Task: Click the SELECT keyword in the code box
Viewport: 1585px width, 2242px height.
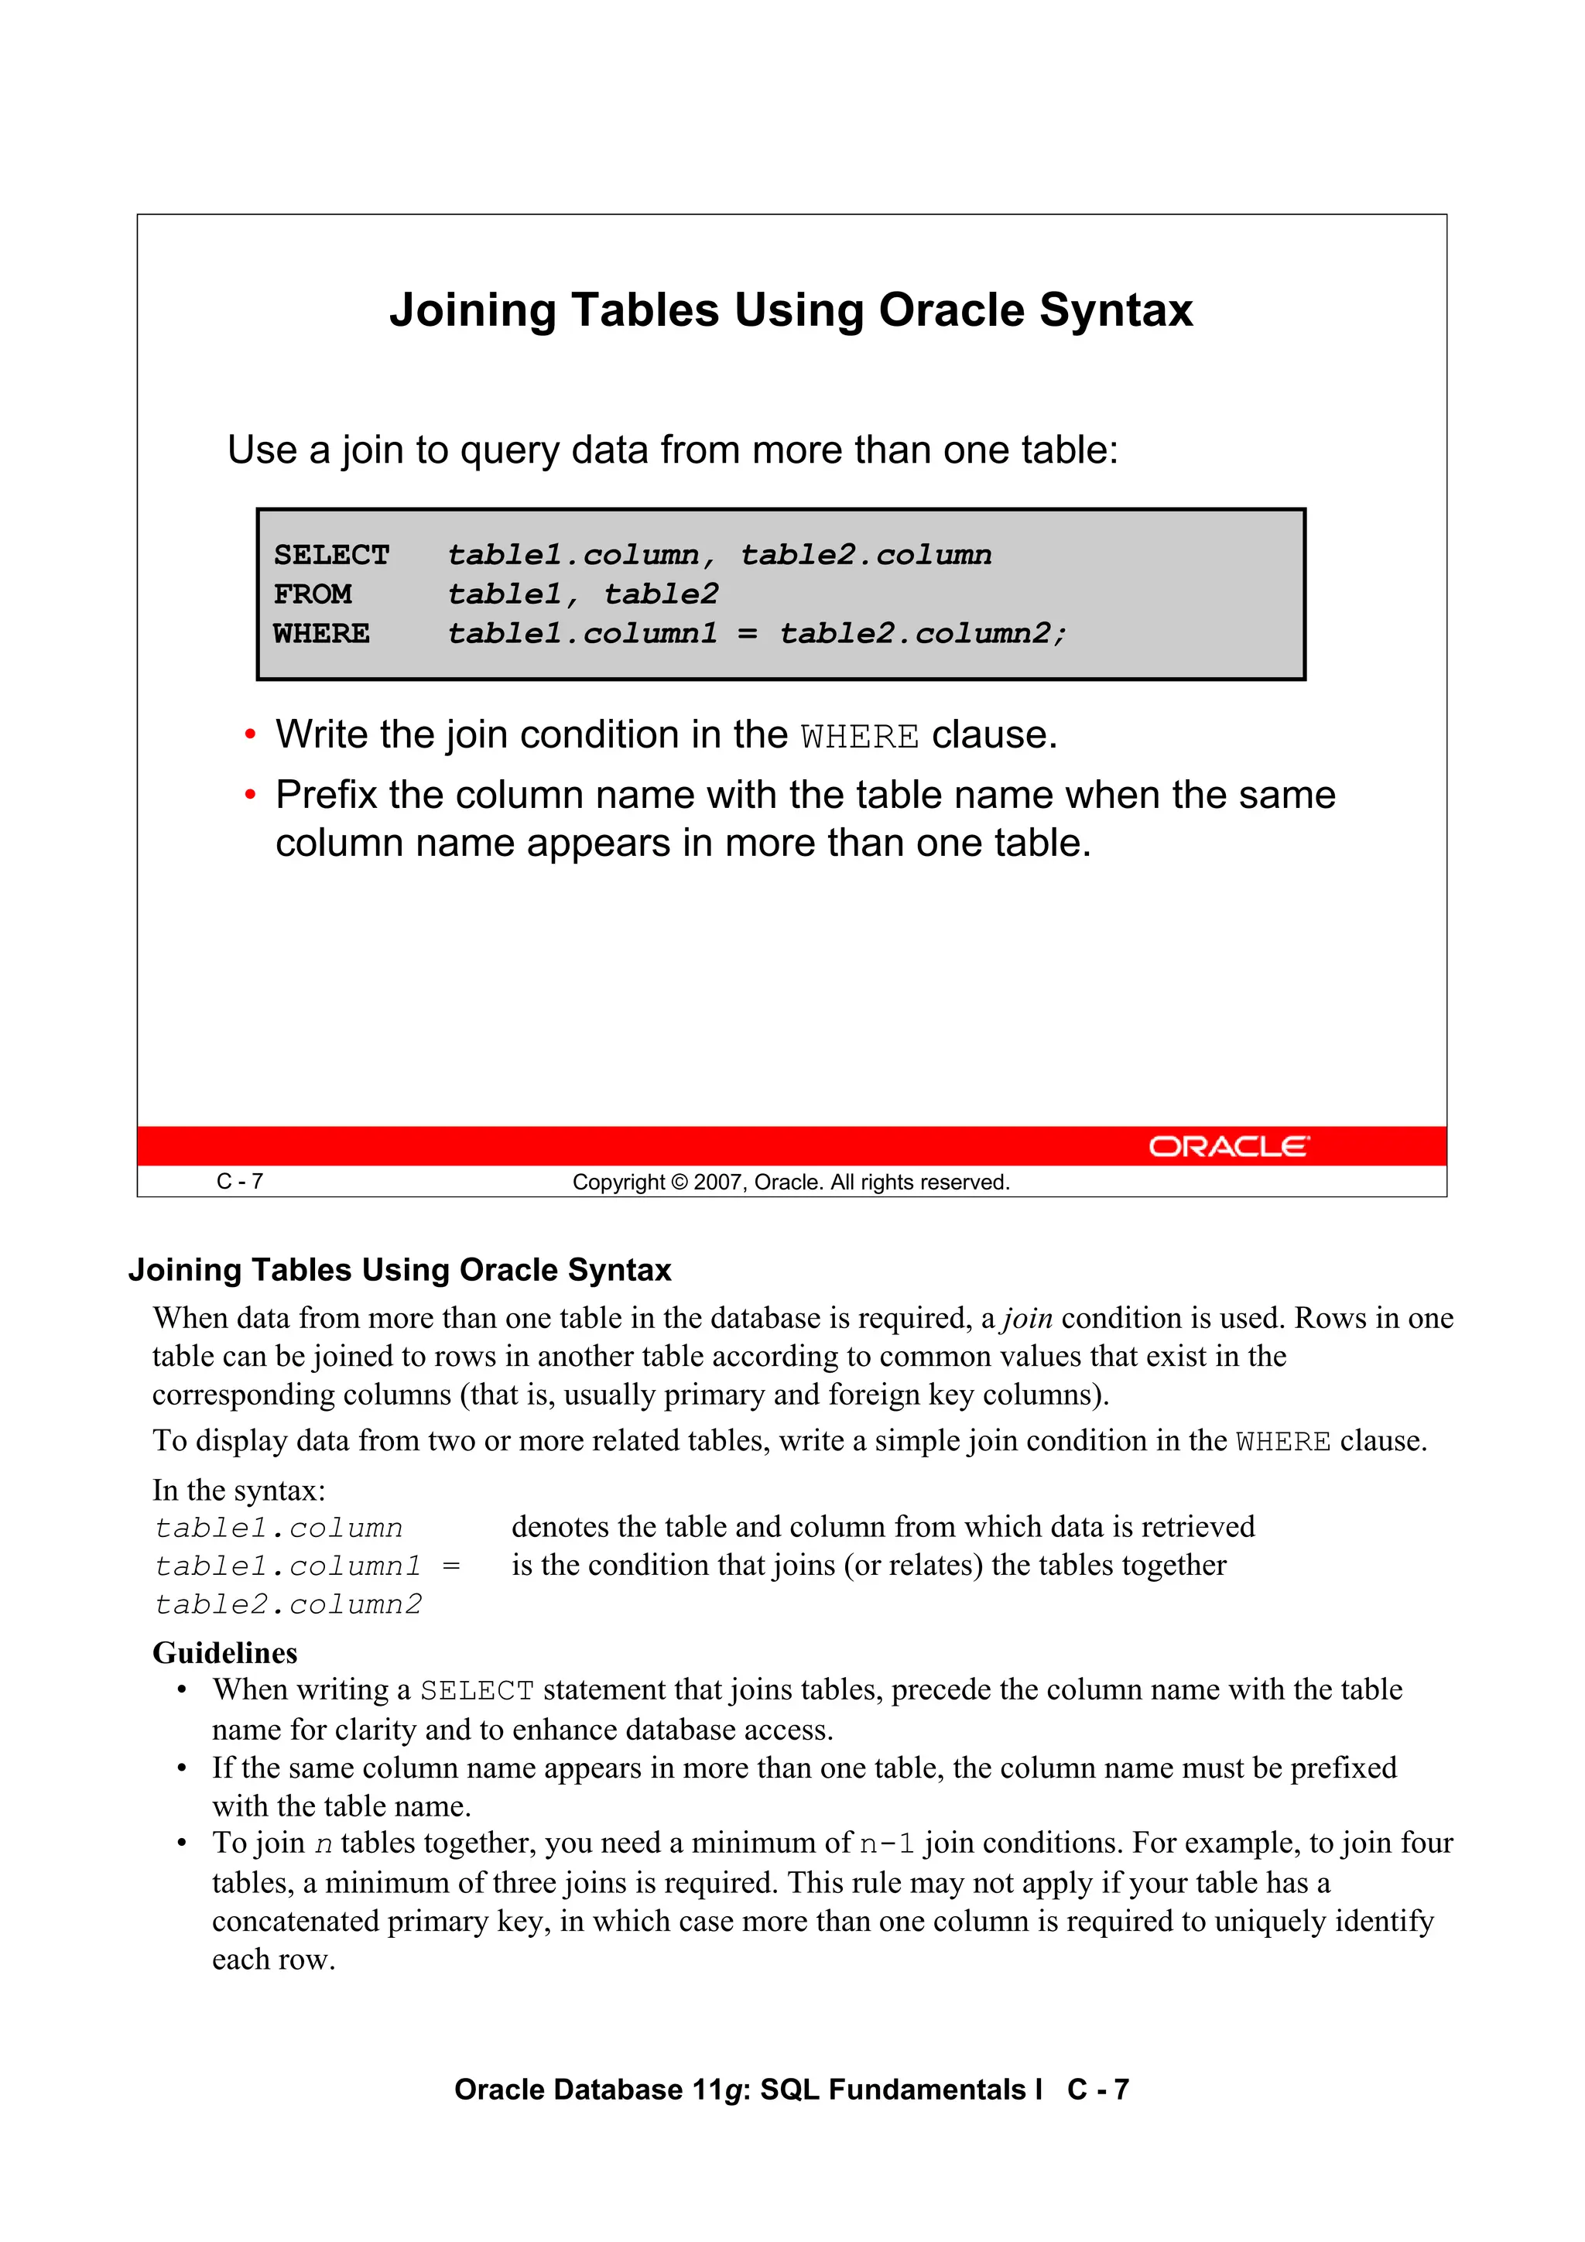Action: [x=331, y=555]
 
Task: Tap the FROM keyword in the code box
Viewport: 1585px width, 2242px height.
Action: [x=313, y=594]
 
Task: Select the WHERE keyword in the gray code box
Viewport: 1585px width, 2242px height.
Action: [x=321, y=634]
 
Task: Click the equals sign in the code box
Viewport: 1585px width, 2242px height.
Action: [x=747, y=634]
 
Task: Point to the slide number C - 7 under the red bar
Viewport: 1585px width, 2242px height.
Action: [x=239, y=1182]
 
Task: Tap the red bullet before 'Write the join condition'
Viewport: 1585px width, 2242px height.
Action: [x=250, y=734]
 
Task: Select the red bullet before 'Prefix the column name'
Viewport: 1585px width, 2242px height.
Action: [x=250, y=795]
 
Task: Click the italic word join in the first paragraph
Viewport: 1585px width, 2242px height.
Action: [x=1027, y=1318]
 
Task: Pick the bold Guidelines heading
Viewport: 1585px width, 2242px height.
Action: [x=224, y=1652]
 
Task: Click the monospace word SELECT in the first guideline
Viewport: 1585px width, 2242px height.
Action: [x=477, y=1691]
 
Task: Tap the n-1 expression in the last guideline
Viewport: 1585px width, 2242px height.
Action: [x=887, y=1843]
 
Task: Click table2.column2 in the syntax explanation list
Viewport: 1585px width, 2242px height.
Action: [x=288, y=1604]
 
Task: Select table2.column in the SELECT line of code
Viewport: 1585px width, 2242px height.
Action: [x=865, y=555]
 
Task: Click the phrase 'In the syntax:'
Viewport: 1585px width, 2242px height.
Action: [x=238, y=1490]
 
